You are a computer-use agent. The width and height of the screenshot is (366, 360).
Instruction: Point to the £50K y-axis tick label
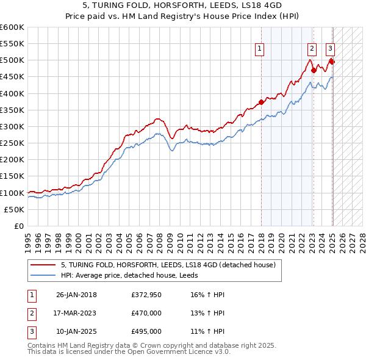click(x=14, y=209)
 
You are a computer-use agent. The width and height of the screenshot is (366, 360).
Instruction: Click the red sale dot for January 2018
click(x=261, y=102)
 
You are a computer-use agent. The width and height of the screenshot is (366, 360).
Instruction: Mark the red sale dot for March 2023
click(x=314, y=70)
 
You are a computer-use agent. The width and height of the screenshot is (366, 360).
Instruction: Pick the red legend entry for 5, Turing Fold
click(x=168, y=265)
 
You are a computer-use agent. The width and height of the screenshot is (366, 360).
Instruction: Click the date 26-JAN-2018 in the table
click(x=76, y=295)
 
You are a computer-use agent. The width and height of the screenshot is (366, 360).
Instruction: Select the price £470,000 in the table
click(x=146, y=313)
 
